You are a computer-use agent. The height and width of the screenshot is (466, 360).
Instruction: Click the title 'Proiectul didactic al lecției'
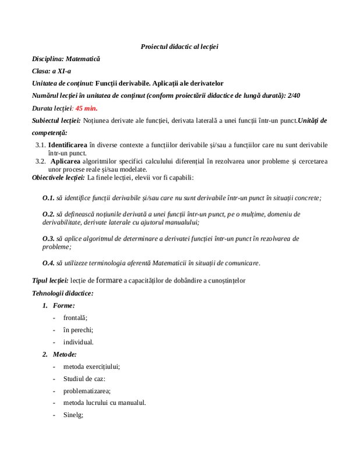[x=179, y=46]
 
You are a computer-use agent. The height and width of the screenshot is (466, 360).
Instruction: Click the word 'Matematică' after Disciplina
[x=83, y=59]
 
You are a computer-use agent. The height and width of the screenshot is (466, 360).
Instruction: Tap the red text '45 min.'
[x=87, y=108]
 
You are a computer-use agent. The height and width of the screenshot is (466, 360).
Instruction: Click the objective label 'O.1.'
[x=48, y=198]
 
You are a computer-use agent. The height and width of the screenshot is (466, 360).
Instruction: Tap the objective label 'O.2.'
[x=48, y=214]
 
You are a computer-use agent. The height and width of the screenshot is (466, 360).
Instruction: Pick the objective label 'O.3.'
[x=48, y=238]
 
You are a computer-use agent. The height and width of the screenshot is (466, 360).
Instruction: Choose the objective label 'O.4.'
[x=48, y=263]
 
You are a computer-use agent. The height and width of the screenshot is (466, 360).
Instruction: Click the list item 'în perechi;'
[x=78, y=329]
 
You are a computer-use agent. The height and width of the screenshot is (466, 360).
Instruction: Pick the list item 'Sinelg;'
[x=73, y=415]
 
